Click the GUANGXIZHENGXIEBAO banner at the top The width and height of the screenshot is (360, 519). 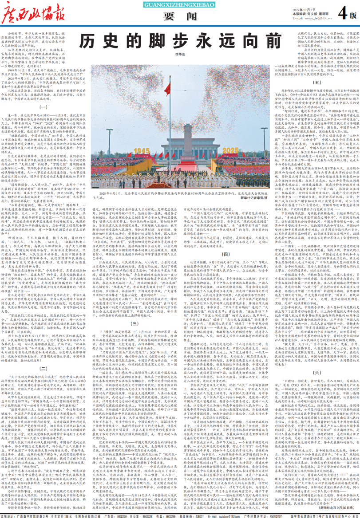180,4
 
